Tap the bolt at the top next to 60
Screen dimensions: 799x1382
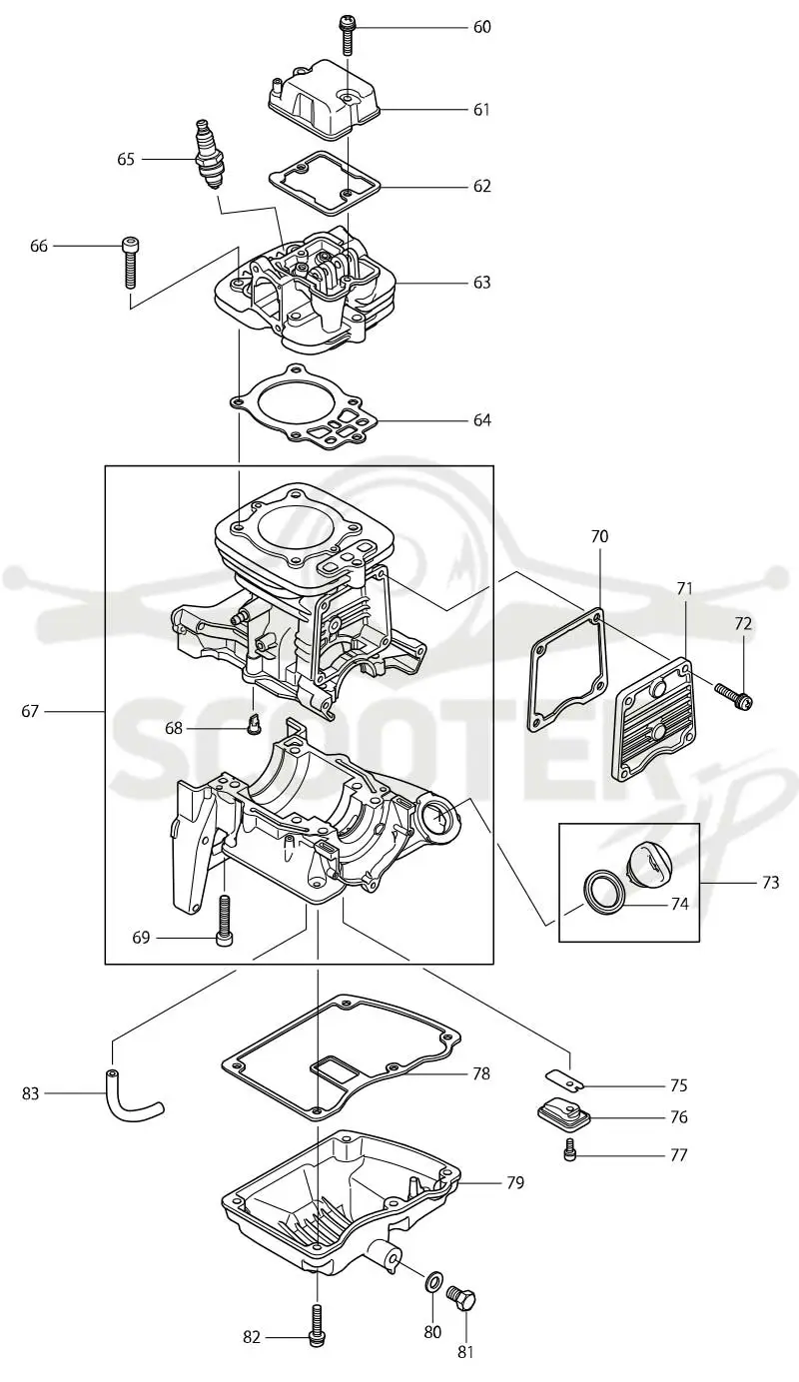click(x=346, y=36)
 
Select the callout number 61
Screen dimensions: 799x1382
click(x=481, y=110)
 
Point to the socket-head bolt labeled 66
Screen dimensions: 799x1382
click(x=129, y=263)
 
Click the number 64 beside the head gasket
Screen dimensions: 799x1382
click(x=481, y=420)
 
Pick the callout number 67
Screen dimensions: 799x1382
click(x=30, y=711)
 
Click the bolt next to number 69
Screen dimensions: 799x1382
click(x=224, y=921)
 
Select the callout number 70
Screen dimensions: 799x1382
click(x=599, y=537)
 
